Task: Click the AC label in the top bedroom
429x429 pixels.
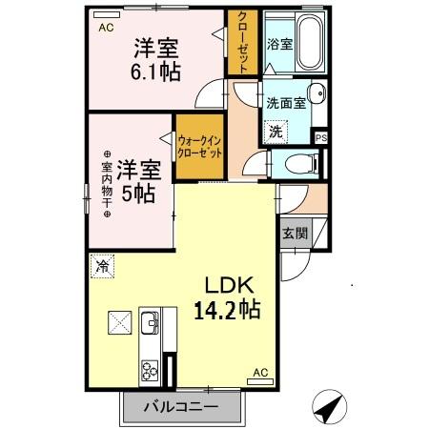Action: (x=105, y=28)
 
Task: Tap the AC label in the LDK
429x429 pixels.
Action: (x=259, y=373)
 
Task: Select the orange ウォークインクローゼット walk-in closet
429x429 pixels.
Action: (x=199, y=147)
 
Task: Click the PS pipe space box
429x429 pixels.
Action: (x=321, y=137)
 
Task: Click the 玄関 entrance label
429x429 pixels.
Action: (x=294, y=233)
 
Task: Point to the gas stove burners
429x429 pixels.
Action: (x=151, y=367)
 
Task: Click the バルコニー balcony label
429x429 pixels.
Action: (x=181, y=408)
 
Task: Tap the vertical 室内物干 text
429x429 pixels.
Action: (x=107, y=185)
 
